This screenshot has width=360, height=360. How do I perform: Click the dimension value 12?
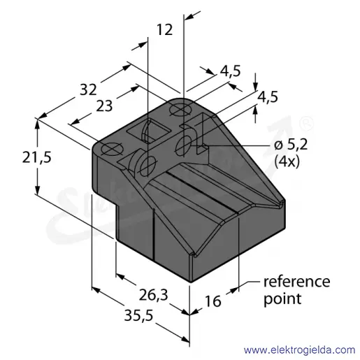165,29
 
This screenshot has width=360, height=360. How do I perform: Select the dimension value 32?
88,89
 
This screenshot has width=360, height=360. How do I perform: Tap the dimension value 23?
104,106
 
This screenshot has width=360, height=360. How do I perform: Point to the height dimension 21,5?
36,157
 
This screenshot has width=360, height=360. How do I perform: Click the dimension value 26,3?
153,296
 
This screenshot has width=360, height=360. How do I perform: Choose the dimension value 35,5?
138,316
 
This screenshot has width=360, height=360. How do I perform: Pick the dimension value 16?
213,301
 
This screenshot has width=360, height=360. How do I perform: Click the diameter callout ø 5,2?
291,145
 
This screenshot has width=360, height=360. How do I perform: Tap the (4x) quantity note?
287,161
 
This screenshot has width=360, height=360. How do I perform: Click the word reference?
296,282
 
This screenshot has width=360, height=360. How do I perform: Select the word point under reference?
282,298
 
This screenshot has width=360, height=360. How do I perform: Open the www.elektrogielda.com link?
299,350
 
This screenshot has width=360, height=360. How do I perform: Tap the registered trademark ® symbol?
306,123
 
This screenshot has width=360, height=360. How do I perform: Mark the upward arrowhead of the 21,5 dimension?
37,124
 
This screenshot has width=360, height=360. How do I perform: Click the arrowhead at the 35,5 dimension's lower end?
185,340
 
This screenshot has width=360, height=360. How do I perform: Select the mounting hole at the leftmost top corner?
113,149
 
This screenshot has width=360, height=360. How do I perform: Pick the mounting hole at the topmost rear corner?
181,110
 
